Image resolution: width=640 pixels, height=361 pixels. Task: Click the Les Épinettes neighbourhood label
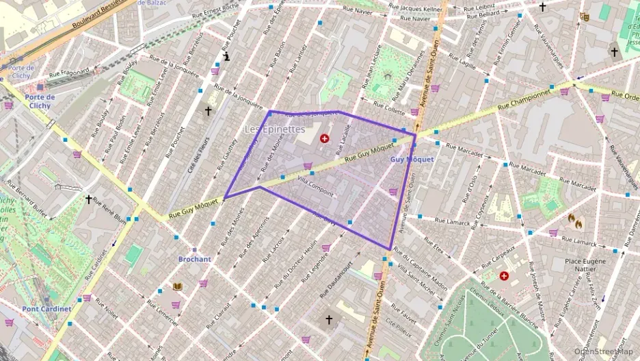point(275,129)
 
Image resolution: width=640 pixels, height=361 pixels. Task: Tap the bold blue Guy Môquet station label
point(412,159)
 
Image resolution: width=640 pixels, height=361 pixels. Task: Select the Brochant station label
point(194,259)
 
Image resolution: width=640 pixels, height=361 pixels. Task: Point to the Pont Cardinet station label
point(46,308)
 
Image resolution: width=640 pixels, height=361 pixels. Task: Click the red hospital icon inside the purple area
point(324,138)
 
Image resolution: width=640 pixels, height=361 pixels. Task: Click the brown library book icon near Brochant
point(178,286)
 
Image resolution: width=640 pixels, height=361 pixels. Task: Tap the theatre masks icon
point(583,16)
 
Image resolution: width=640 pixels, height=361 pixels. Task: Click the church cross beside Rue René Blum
point(88,199)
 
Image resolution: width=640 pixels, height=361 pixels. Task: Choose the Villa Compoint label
point(316,185)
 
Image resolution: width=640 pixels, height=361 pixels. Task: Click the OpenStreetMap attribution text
point(603,351)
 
